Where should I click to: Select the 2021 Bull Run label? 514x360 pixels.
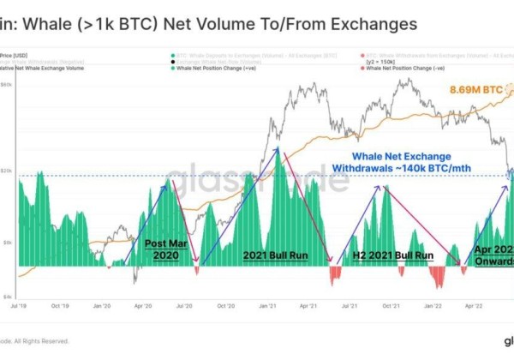click(275, 255)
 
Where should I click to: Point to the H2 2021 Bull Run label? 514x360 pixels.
click(393, 255)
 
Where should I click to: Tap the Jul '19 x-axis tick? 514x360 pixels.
click(18, 304)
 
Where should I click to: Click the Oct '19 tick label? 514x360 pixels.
click(59, 304)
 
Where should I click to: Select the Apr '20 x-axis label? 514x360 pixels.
click(143, 304)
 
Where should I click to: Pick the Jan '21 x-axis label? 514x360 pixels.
click(268, 304)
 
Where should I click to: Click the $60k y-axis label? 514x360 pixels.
click(6, 85)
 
